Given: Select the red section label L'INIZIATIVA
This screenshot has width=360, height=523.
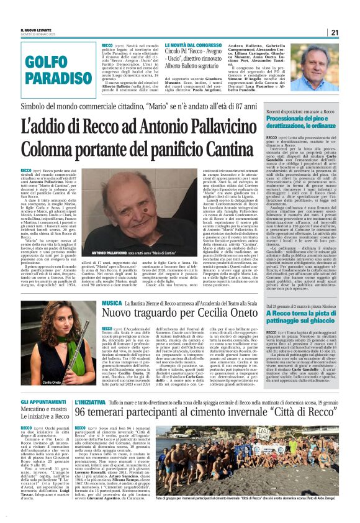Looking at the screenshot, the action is pyautogui.click(x=92, y=402).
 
